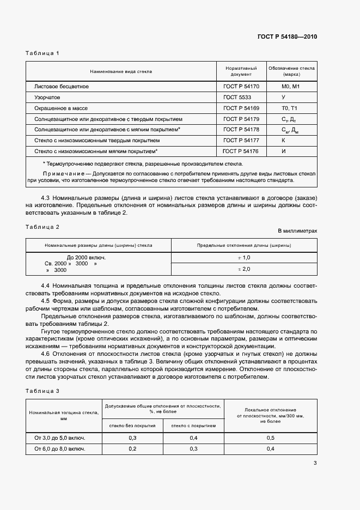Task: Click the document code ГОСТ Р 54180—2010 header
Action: pos(286,37)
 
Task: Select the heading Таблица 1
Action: pos(42,53)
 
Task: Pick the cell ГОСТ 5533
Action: pos(237,97)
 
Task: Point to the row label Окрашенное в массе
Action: pos(62,108)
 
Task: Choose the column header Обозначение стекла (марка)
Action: pos(291,71)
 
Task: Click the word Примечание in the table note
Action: pos(59,172)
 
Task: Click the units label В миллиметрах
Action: pos(297,230)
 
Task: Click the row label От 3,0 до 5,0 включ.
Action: pos(60,438)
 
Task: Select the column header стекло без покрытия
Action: pos(132,426)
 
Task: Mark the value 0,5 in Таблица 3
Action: pos(270,438)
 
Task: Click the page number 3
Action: pos(315,463)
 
